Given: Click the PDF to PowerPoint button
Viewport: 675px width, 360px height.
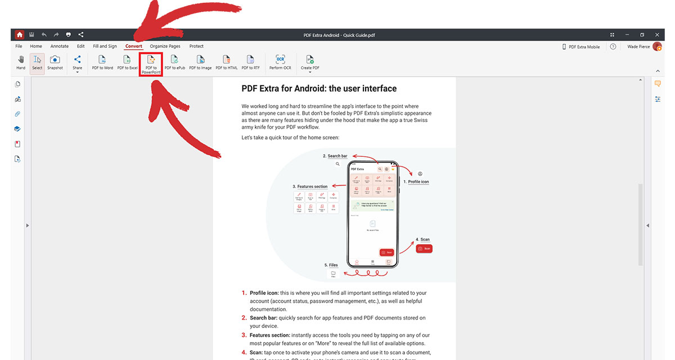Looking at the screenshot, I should coord(151,64).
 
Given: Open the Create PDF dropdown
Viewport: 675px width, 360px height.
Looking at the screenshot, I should coord(309,63).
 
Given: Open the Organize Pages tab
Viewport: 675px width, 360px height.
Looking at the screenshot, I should coord(165,46).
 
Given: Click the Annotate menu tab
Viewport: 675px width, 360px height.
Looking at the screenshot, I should coord(60,46).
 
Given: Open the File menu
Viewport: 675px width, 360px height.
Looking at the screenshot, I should coord(19,46).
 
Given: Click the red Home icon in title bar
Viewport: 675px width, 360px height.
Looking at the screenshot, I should coord(20,35).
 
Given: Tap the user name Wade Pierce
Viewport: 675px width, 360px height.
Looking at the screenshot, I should coord(638,47).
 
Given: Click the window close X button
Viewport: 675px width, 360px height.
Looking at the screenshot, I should coord(656,35).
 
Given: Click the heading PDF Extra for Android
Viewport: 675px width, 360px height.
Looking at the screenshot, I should coord(319,89).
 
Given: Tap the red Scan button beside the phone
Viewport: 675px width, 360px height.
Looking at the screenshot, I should coord(424,248).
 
